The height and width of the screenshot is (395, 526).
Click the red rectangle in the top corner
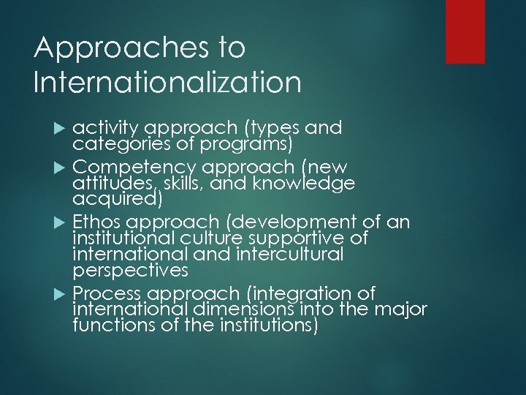[x=465, y=31]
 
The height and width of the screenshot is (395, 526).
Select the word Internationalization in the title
[x=167, y=81]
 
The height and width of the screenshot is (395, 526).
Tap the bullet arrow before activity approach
[x=61, y=129]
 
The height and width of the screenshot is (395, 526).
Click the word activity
[x=102, y=129]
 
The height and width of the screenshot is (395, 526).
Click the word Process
[x=107, y=293]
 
